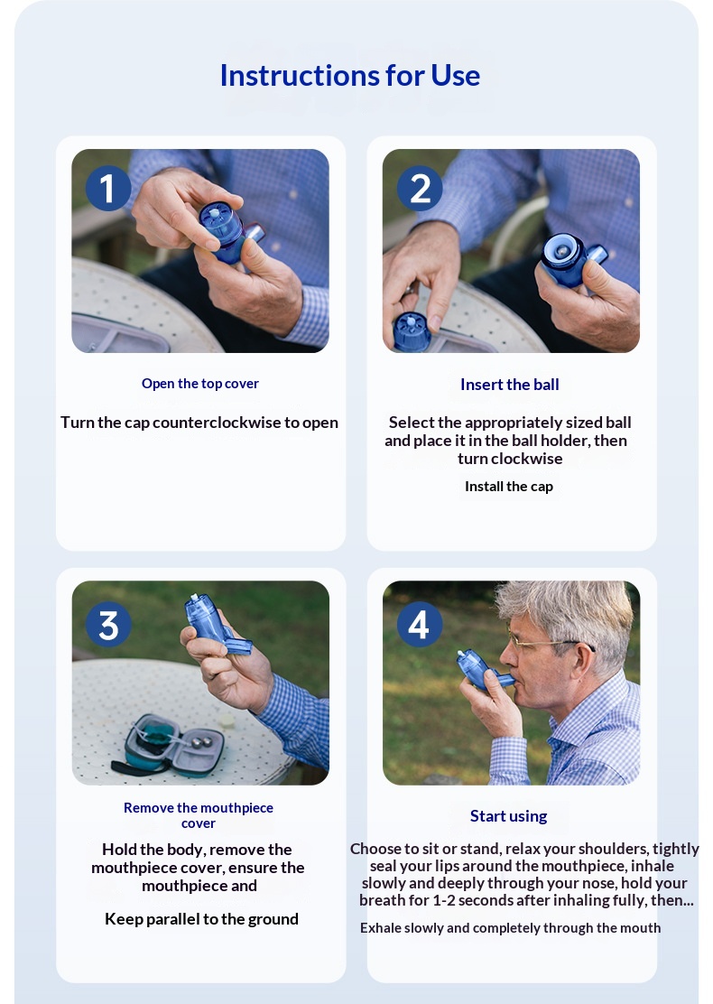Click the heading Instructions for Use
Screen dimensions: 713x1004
coord(350,76)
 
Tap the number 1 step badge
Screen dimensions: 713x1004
coord(107,188)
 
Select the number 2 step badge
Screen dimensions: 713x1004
coord(419,188)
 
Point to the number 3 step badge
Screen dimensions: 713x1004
coord(108,624)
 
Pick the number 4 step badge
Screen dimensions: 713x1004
coord(419,624)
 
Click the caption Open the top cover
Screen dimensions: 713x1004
coord(199,384)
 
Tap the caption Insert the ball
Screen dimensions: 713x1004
coord(509,385)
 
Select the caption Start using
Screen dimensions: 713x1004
coord(508,816)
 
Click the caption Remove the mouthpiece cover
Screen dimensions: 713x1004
coord(199,815)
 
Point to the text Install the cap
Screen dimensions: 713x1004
coord(509,486)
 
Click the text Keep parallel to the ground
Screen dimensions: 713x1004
coord(201,919)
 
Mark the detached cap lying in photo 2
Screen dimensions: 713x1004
coord(412,331)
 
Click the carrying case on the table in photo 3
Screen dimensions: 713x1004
coord(168,745)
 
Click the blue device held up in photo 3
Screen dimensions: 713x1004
coord(216,624)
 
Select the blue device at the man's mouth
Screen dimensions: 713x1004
coord(483,670)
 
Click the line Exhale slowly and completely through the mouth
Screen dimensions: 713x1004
coord(510,928)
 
